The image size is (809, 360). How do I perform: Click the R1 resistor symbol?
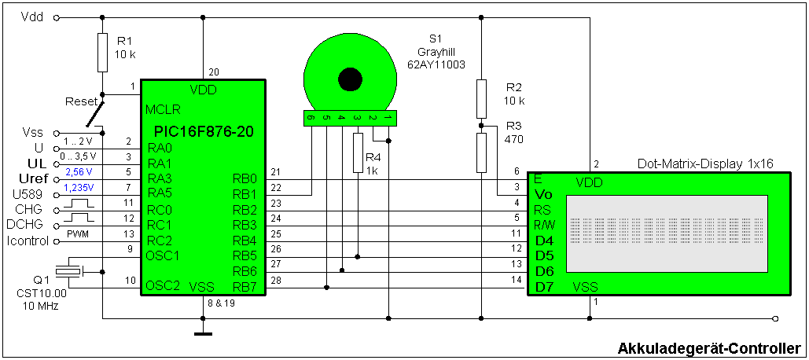pos(102,52)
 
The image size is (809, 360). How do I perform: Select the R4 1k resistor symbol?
pos(358,152)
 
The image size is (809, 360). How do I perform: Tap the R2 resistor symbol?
pos(481,99)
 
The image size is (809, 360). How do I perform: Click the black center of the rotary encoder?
pos(349,79)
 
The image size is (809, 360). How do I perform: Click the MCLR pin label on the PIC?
pos(160,109)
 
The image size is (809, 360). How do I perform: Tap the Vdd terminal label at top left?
pos(32,17)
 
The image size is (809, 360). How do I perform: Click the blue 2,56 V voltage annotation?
pos(79,171)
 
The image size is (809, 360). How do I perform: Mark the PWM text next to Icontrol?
pos(79,234)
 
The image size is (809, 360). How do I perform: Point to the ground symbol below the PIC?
pos(203,332)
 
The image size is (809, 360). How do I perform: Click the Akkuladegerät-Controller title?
pos(709,348)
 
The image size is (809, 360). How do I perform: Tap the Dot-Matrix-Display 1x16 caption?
pos(705,163)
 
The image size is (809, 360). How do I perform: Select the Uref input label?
pos(32,179)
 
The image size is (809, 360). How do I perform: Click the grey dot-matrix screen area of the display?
pos(665,231)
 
